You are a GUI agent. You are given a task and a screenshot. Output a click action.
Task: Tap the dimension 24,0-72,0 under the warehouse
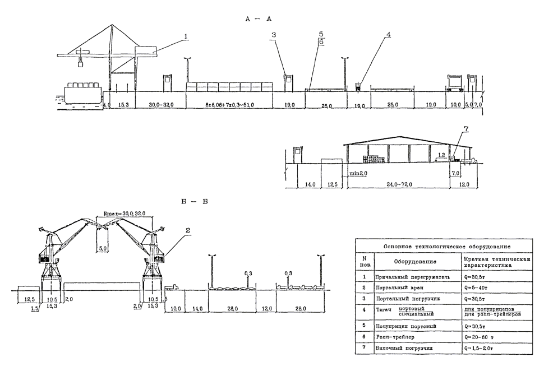click(399, 183)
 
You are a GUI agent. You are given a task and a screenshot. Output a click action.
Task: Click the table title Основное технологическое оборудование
click(446, 247)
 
